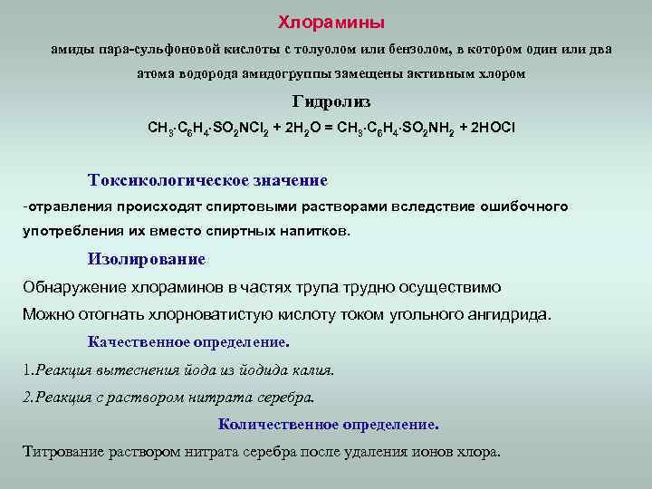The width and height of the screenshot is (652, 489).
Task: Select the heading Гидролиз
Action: (x=331, y=102)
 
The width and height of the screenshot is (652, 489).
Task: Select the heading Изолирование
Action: (x=147, y=259)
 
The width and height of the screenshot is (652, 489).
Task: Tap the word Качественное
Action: (x=139, y=342)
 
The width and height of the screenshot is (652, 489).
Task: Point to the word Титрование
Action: (x=61, y=452)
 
